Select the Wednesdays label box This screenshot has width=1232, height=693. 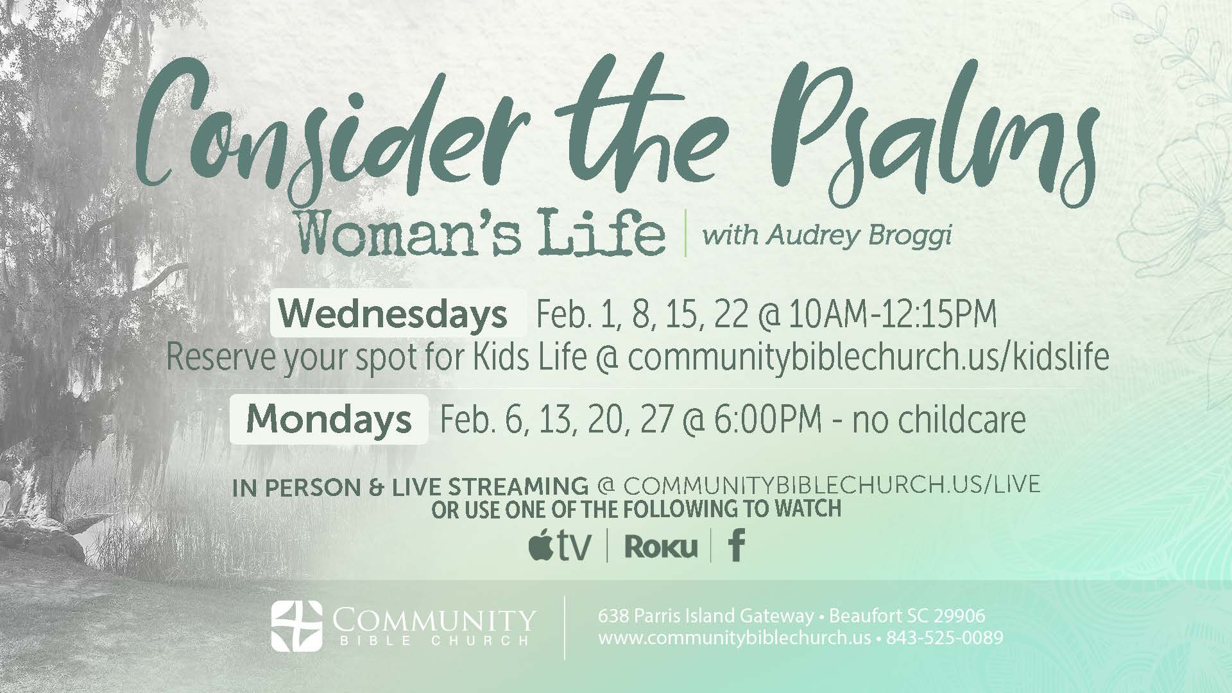tap(398, 314)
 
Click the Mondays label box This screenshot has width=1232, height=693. tap(329, 420)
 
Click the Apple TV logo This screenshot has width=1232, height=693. tap(560, 546)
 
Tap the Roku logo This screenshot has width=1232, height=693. tap(660, 547)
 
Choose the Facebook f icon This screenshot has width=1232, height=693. tap(737, 546)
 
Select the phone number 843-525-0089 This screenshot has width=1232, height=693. tap(945, 638)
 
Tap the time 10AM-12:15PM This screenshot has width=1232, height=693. tap(893, 315)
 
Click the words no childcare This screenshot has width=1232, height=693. tap(939, 420)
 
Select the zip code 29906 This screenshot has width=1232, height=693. tap(959, 617)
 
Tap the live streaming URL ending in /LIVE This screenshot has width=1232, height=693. tap(832, 484)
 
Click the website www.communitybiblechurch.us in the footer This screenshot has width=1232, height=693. tap(734, 639)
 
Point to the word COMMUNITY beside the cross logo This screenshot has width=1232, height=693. tap(434, 620)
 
